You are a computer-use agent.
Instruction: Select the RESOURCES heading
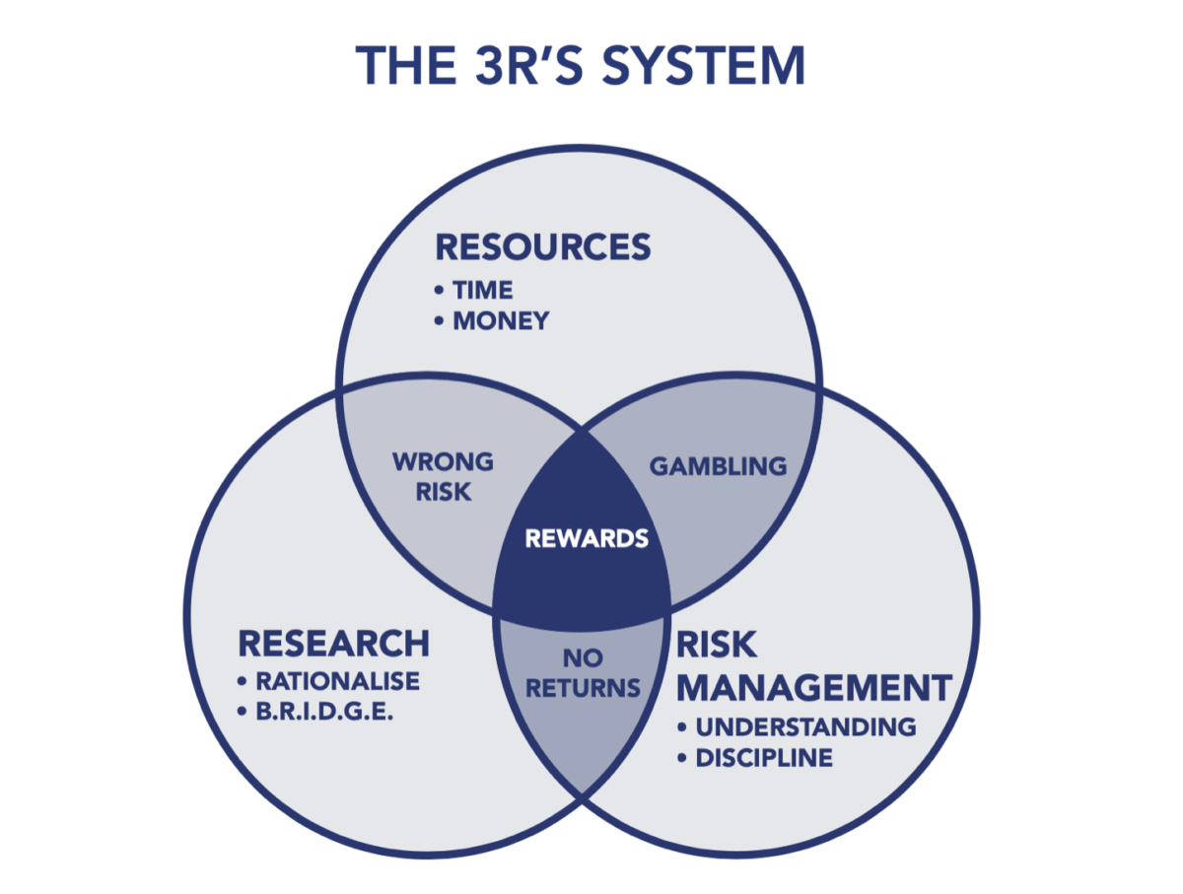[543, 246]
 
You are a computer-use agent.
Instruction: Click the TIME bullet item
[482, 290]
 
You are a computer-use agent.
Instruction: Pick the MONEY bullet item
[500, 321]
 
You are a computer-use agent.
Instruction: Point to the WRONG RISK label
[443, 476]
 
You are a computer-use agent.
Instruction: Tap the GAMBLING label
[718, 465]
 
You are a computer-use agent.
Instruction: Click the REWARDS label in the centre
[586, 539]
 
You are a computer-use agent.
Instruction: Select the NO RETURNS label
[583, 673]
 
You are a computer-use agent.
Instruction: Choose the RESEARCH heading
[333, 644]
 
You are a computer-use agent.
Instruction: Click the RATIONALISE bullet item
[337, 681]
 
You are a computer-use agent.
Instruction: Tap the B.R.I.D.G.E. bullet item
[324, 712]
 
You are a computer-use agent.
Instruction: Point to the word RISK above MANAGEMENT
[717, 645]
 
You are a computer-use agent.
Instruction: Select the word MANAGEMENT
[813, 687]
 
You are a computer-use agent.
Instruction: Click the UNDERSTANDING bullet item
[805, 727]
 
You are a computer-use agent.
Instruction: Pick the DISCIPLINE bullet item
[764, 758]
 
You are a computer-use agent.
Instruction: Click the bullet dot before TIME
[440, 291]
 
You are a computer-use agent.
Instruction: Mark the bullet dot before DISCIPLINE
[682, 758]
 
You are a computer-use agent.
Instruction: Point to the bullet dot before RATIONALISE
[243, 681]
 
